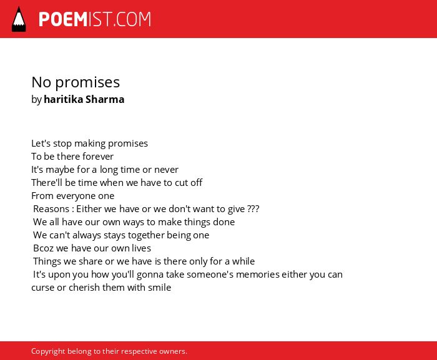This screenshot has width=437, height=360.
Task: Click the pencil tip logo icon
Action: [x=19, y=19]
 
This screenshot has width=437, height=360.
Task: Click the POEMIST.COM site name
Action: [x=95, y=19]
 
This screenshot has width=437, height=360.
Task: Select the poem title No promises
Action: [x=76, y=82]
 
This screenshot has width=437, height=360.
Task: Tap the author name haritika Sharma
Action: [x=84, y=99]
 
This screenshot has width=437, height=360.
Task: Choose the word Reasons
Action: [x=51, y=208]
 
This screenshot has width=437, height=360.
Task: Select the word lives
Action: [x=141, y=248]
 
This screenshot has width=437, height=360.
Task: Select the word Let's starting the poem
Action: [x=41, y=144]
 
